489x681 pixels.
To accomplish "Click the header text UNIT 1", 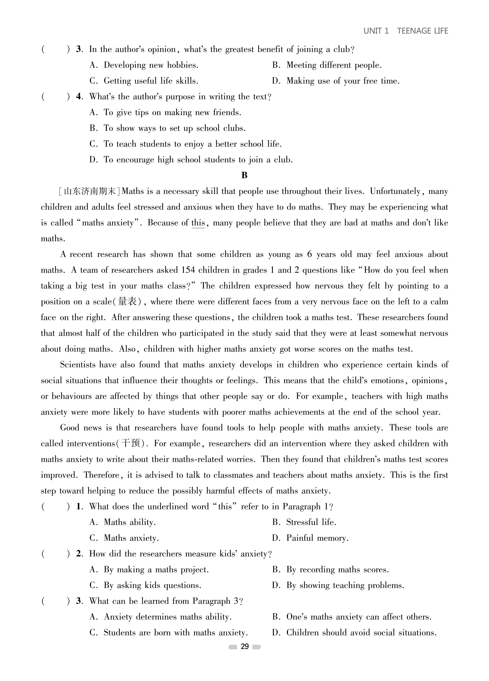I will [376, 31].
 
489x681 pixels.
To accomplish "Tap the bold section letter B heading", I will [244, 175].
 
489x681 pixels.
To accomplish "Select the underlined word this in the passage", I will [198, 223].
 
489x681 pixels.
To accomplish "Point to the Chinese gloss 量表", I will [128, 301].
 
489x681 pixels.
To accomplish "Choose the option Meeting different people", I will [334, 65].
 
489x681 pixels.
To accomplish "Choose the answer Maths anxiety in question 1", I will [131, 538].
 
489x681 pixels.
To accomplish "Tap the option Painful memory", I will [317, 538].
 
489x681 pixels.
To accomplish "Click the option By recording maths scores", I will [337, 570].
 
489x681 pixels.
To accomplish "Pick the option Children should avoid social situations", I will [361, 633].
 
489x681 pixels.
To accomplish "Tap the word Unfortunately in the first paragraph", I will [395, 191].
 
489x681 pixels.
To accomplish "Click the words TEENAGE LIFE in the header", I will [422, 31].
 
